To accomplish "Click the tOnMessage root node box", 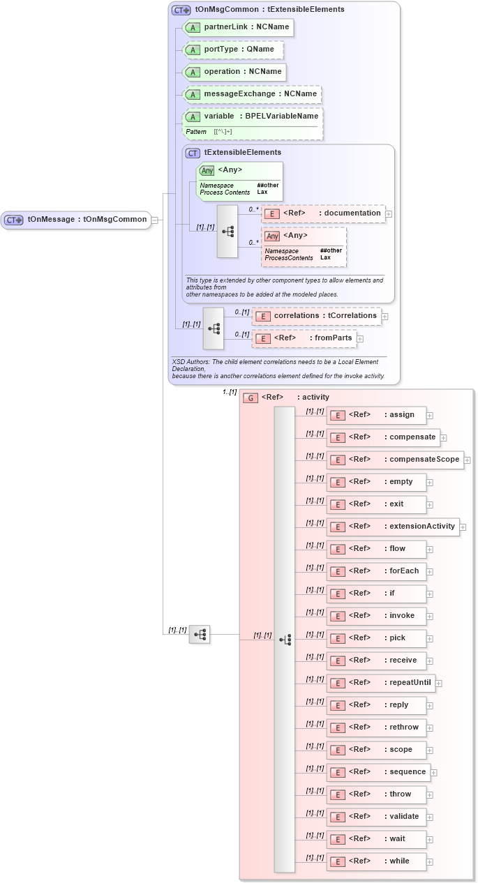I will pyautogui.click(x=76, y=220).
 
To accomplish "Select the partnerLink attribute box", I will pyautogui.click(x=237, y=27).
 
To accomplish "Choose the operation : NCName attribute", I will pyautogui.click(x=234, y=72).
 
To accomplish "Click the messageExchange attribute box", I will pyautogui.click(x=251, y=94).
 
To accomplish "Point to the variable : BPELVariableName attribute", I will pyautogui.click(x=252, y=116).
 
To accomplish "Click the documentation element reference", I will pyautogui.click(x=323, y=213).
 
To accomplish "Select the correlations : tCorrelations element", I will pyautogui.click(x=317, y=316).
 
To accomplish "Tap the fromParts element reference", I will pyautogui.click(x=304, y=338).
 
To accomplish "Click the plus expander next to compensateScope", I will pyautogui.click(x=468, y=460).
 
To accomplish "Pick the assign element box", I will pyautogui.click(x=376, y=415).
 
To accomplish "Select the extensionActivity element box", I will pyautogui.click(x=393, y=527).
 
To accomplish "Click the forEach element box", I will pyautogui.click(x=376, y=571).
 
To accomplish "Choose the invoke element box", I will pyautogui.click(x=376, y=616).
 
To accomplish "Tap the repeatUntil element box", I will pyautogui.click(x=380, y=683).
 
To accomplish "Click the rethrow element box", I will pyautogui.click(x=376, y=727).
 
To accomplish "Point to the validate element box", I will pyautogui.click(x=376, y=817).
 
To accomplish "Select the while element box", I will pyautogui.click(x=376, y=861).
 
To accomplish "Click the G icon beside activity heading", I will pyautogui.click(x=250, y=398).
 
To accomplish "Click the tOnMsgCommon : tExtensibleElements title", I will pyautogui.click(x=269, y=10).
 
